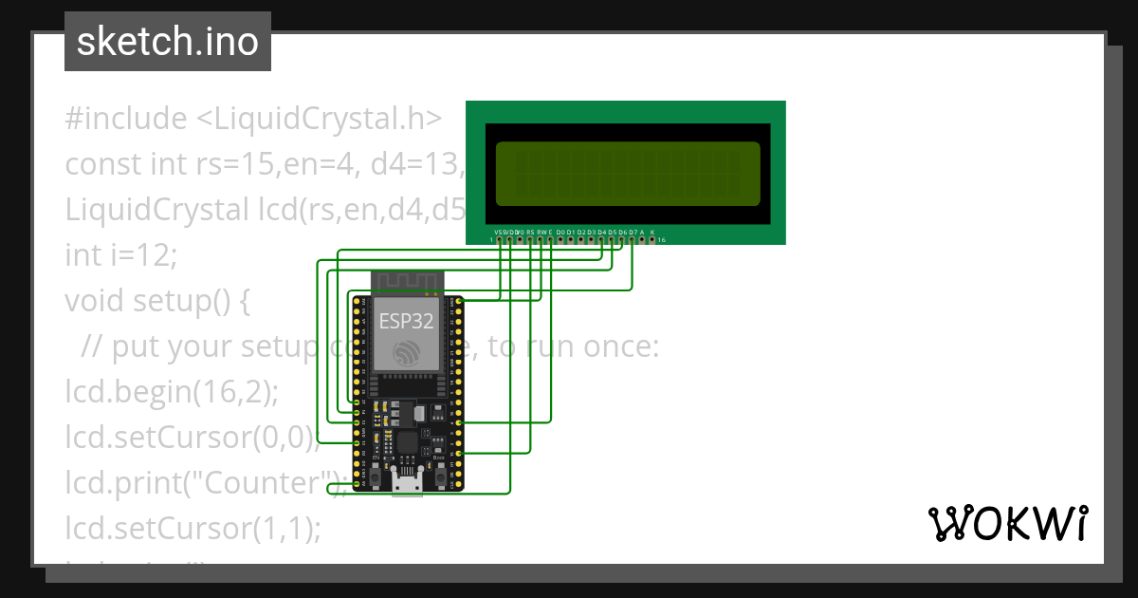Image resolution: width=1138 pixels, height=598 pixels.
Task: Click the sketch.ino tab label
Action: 168,42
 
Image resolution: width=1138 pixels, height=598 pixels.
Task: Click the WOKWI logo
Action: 1007,523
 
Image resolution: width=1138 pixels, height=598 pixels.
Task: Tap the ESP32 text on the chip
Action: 406,321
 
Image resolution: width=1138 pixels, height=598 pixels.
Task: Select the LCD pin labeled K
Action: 652,240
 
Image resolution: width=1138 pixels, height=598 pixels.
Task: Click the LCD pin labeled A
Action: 642,240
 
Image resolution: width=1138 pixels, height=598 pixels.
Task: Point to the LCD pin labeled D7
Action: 633,240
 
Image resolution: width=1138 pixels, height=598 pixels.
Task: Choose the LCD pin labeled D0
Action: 560,240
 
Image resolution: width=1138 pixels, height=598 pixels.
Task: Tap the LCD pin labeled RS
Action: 530,240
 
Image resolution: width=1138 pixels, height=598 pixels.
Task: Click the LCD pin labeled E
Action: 550,240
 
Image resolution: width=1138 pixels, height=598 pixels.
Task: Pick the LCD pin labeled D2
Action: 581,240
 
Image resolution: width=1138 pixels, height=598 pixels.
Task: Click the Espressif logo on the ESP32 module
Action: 407,352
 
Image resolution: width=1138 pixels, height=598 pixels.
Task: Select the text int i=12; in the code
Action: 121,255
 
